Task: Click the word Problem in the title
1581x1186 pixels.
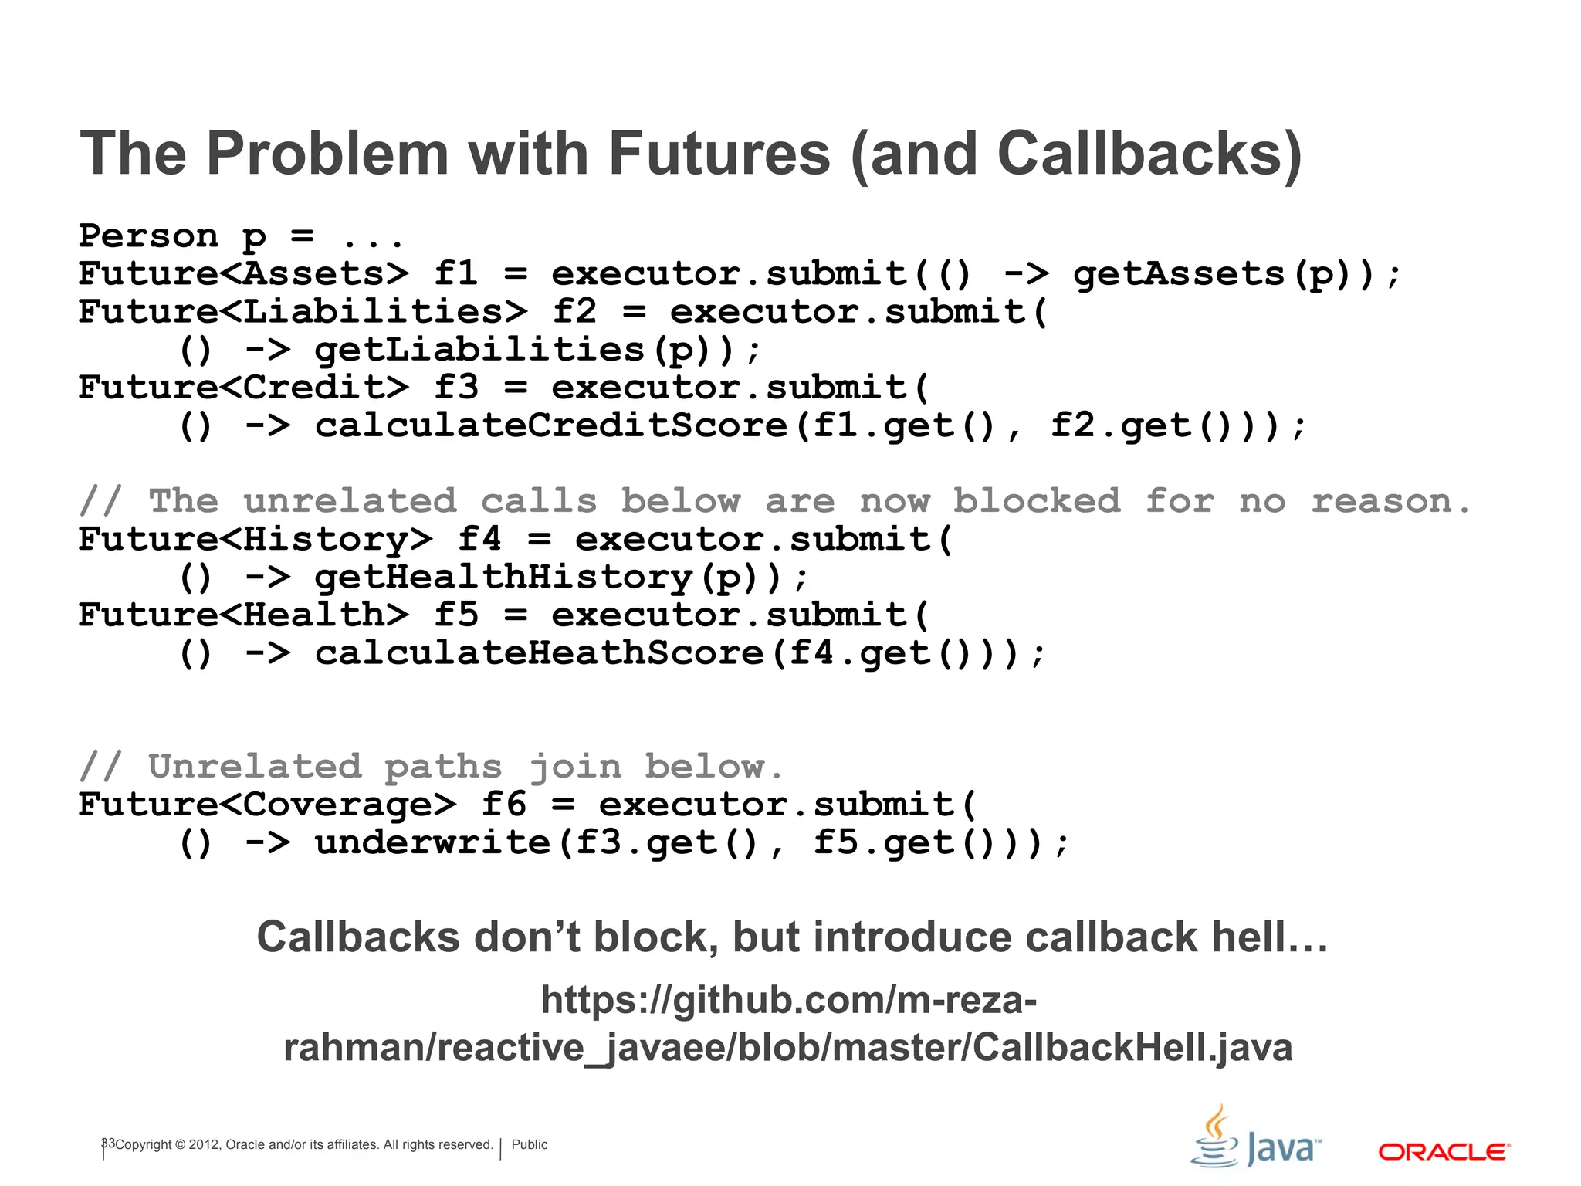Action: point(327,154)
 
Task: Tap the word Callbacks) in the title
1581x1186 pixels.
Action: point(1149,154)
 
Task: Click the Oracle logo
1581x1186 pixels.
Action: point(1444,1152)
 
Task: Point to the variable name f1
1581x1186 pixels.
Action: point(456,274)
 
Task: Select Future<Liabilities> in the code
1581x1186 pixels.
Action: point(303,312)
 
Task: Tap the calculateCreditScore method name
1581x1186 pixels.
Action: point(550,426)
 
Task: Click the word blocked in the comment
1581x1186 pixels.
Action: point(1036,502)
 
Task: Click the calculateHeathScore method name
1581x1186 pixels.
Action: point(539,653)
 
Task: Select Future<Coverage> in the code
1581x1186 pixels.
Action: point(267,805)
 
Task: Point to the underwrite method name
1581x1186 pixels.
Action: point(432,842)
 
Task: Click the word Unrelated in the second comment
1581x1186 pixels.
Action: point(255,767)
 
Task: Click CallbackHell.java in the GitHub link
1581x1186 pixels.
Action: point(1132,1048)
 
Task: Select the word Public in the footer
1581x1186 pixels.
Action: point(530,1144)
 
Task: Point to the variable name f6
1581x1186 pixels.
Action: point(504,805)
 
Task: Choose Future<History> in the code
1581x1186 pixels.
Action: point(256,540)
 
